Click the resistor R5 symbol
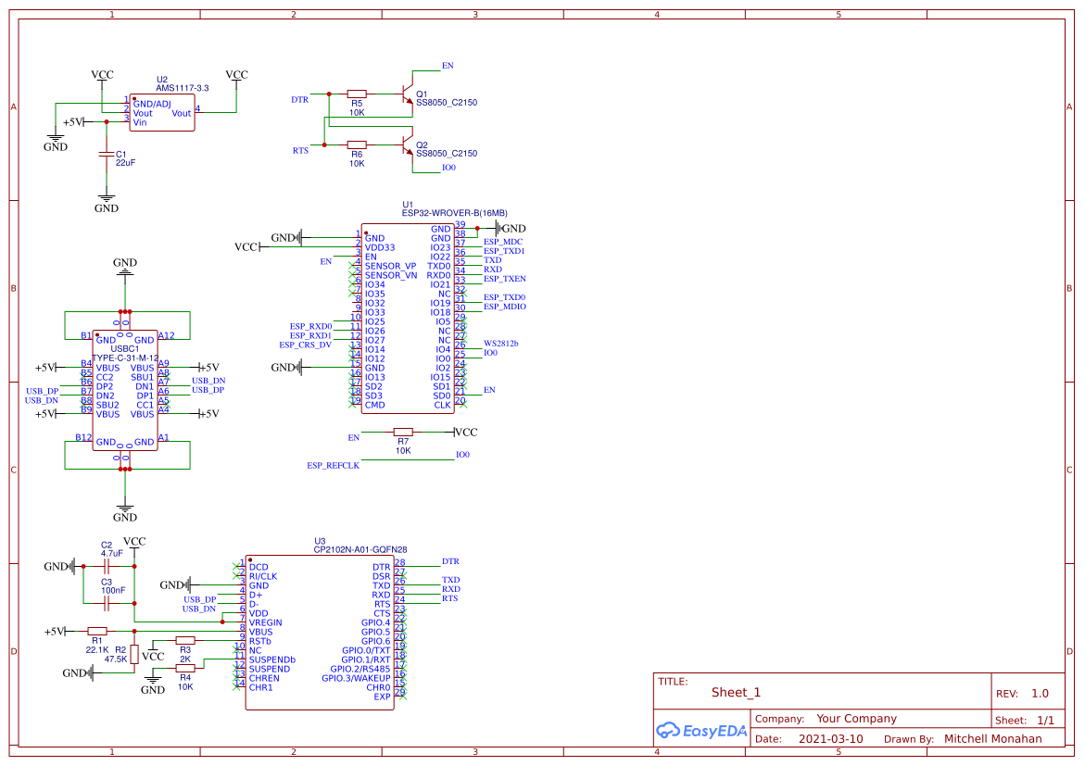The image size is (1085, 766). (357, 94)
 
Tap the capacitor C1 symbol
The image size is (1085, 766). (107, 155)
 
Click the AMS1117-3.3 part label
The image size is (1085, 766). (182, 88)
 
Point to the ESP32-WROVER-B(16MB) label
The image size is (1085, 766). (454, 213)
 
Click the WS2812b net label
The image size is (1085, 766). (501, 344)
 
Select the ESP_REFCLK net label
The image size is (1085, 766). (333, 465)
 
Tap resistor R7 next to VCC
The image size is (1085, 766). (403, 433)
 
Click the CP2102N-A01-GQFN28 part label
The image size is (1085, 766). (360, 549)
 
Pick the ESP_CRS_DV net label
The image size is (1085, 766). (305, 345)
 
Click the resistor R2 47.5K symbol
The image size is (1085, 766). (134, 654)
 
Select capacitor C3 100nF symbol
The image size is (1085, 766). (107, 602)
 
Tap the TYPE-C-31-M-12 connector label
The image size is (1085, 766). (125, 358)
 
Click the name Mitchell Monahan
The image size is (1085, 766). (992, 739)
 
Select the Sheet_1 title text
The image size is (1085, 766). (736, 693)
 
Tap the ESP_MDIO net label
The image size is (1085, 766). (505, 307)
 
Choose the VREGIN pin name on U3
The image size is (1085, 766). (265, 622)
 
